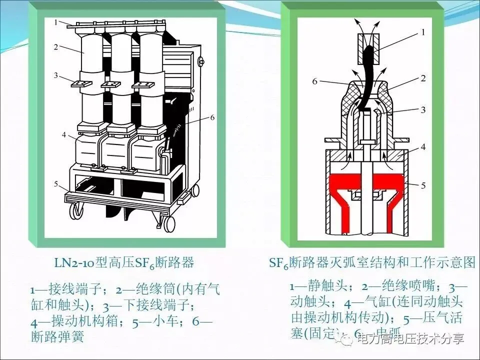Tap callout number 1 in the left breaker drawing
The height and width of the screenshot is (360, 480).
coord(56,22)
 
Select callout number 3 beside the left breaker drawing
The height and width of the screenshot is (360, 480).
coord(56,75)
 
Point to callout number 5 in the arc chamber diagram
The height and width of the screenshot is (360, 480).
coord(422,185)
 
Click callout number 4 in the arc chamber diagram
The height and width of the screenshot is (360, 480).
coord(422,147)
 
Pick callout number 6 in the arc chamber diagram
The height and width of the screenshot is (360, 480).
coord(314,81)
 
